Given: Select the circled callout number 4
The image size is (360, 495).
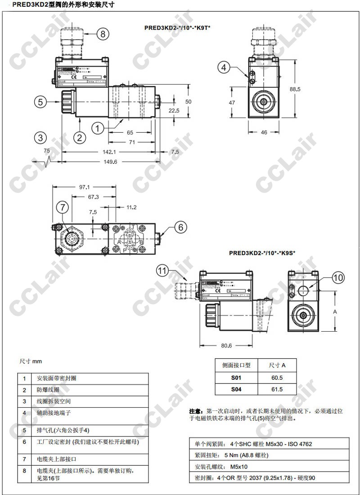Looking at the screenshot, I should tap(225, 67).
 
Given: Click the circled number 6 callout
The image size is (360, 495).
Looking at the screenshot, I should tap(180, 228).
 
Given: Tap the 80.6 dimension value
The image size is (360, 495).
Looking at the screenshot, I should tap(226, 346).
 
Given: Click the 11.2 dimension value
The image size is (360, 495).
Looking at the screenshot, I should tap(131, 207).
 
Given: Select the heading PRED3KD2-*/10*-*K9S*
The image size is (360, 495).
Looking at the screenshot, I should tap(262, 253).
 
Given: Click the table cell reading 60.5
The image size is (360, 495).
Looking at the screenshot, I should tap(277, 378).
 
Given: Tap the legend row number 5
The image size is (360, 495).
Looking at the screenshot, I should tap(25, 430).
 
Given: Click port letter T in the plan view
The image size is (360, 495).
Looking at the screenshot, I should tap(133, 226).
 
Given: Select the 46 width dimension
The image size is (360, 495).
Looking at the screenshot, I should tap(264, 132).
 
